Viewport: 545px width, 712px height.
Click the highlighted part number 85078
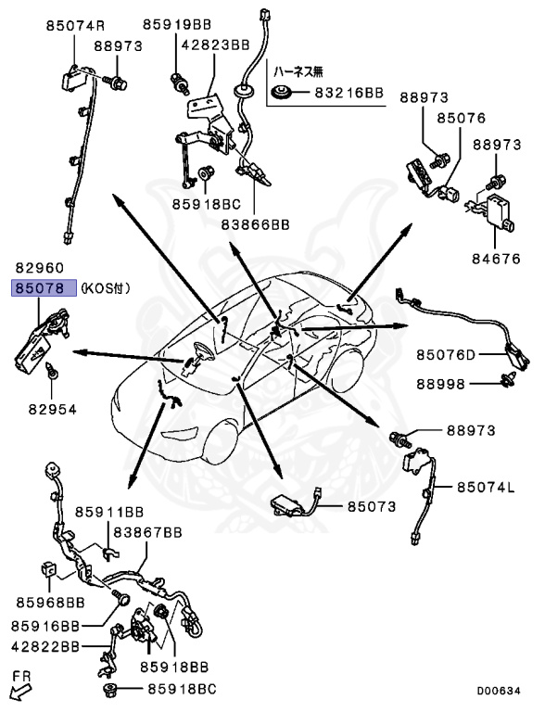[37, 288]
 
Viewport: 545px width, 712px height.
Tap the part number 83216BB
[348, 93]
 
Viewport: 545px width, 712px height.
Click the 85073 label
[372, 507]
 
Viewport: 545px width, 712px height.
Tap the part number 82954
[52, 408]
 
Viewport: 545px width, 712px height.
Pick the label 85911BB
[109, 511]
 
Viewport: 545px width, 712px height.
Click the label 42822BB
[44, 645]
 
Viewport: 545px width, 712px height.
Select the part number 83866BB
[255, 223]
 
